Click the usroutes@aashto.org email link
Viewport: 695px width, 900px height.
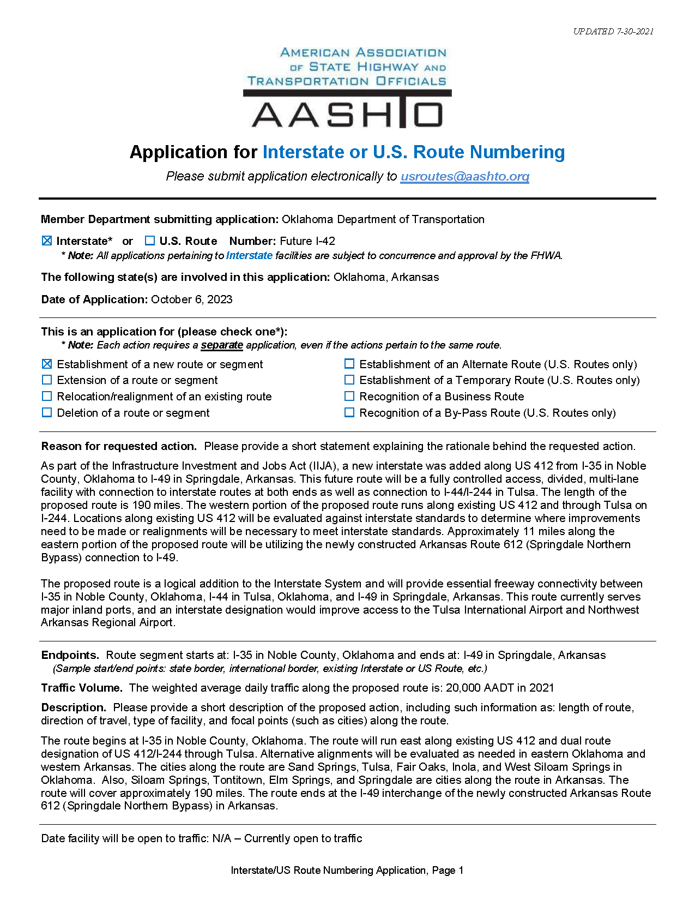(464, 176)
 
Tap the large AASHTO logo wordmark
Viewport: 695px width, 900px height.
(347, 114)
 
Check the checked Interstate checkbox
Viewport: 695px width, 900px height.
(47, 241)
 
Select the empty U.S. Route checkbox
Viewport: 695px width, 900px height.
(150, 241)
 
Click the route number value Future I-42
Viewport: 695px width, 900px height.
(307, 241)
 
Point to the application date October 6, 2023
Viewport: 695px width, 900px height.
(192, 299)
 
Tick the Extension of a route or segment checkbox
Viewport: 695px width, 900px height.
(47, 380)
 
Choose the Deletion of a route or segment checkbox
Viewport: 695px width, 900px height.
(47, 413)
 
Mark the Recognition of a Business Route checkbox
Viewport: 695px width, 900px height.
(349, 397)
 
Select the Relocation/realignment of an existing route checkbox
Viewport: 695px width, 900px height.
(47, 397)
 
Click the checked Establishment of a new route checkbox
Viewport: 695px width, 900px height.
(47, 364)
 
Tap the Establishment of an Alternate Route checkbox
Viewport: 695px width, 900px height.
(349, 364)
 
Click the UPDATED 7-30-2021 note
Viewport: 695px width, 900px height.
(613, 32)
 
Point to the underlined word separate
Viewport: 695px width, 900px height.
(222, 345)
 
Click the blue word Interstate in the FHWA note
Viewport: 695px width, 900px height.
(249, 255)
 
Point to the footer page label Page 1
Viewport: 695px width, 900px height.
(448, 871)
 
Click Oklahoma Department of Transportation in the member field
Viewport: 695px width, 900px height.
(383, 219)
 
